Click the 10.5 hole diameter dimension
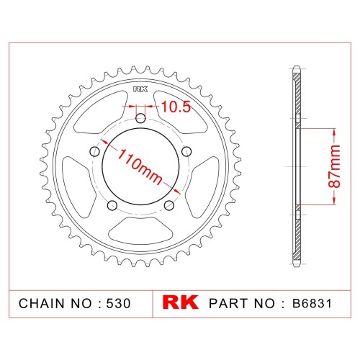point(176,107)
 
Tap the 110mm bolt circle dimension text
point(140,167)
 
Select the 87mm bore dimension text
point(334,166)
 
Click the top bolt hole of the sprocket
point(140,118)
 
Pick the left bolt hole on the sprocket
point(95,151)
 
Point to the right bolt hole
point(186,151)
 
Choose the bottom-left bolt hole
point(112,205)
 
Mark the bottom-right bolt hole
point(169,205)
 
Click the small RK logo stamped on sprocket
point(140,89)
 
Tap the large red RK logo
point(181,302)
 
